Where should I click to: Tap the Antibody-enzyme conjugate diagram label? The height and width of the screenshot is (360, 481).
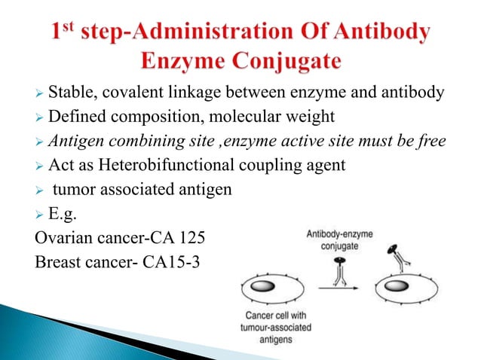(x=339, y=239)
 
